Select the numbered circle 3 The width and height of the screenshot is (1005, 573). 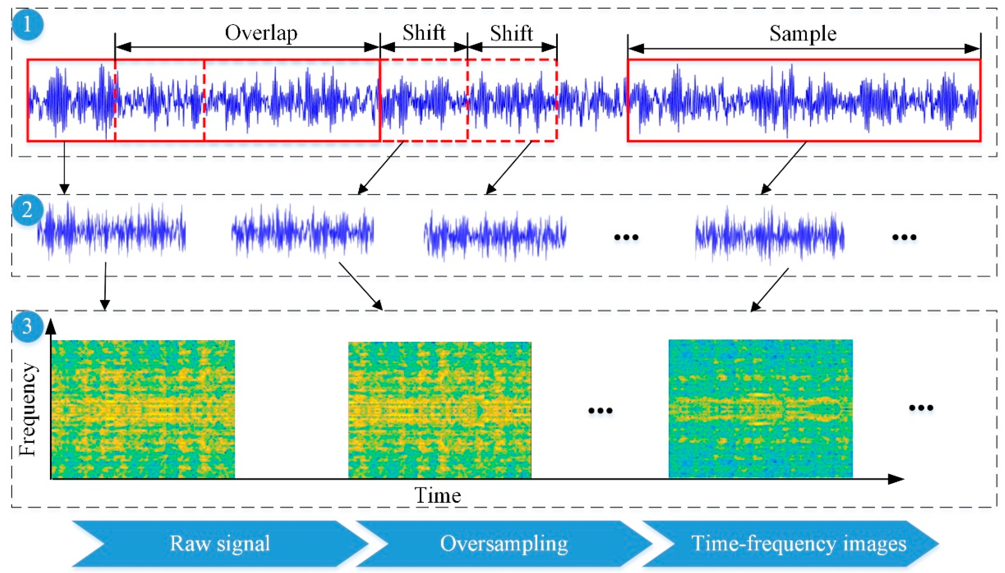pyautogui.click(x=27, y=326)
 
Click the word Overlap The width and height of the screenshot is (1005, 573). pyautogui.click(x=261, y=33)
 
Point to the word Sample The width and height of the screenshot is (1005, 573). pyautogui.click(x=803, y=34)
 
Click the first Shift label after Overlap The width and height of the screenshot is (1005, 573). pyautogui.click(x=424, y=33)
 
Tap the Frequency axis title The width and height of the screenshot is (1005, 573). pyautogui.click(x=28, y=409)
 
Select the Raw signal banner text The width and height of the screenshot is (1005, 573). pyautogui.click(x=220, y=543)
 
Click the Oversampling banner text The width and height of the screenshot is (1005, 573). pyautogui.click(x=504, y=543)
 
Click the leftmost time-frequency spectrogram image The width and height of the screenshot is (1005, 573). pyautogui.click(x=143, y=409)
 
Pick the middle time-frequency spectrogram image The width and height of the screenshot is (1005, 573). pyautogui.click(x=439, y=410)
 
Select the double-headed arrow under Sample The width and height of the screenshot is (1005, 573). pyautogui.click(x=803, y=49)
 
